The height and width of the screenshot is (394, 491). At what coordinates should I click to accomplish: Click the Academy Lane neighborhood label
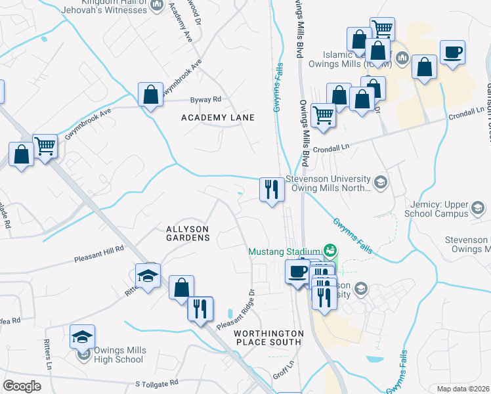point(218,117)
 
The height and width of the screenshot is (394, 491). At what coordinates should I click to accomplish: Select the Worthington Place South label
point(268,338)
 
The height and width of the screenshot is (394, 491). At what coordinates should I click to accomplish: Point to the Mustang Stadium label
point(284,251)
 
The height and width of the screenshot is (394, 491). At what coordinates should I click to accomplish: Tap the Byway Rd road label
point(206,100)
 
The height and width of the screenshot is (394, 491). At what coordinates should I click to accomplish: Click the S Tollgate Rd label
point(157,383)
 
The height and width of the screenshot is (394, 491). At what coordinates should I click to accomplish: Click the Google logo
point(22,386)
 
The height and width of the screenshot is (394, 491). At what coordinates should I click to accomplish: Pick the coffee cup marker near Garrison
point(452,52)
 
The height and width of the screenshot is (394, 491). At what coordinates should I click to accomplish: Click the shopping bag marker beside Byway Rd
point(151,95)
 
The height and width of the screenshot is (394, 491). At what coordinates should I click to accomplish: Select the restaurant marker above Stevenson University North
point(272,190)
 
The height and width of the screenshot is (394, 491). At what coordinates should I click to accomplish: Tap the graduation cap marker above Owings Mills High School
point(148,276)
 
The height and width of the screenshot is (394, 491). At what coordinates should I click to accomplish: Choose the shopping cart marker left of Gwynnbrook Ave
point(45,146)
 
